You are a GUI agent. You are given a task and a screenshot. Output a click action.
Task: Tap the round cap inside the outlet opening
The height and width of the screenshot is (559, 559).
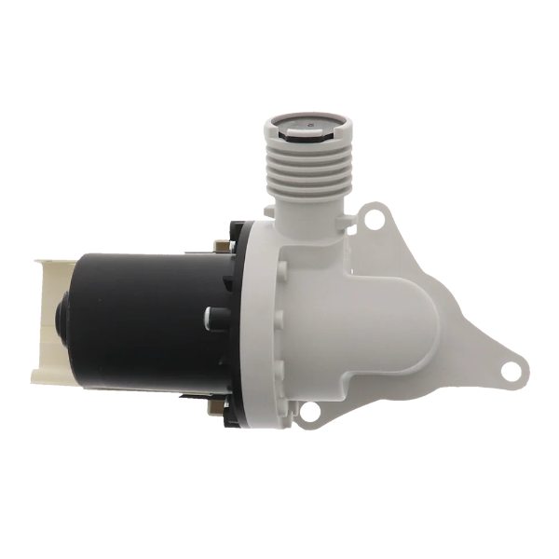(x=300, y=121)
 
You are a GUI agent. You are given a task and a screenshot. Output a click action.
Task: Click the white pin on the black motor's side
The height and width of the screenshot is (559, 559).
(x=207, y=316)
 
